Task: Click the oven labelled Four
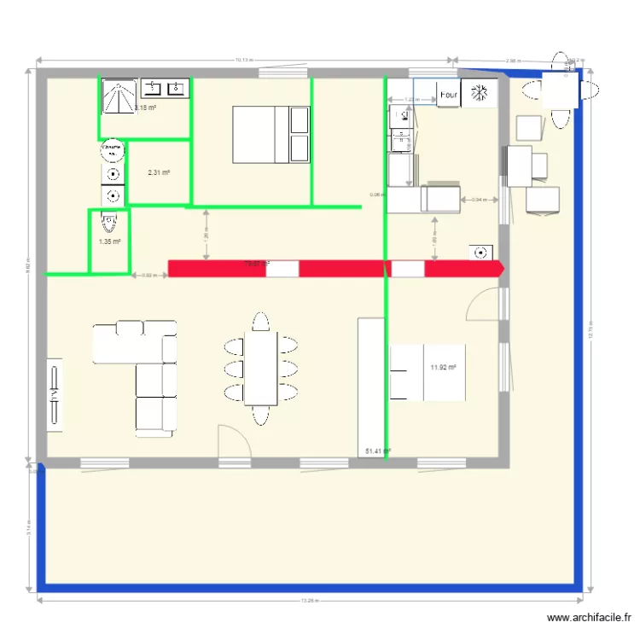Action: [x=449, y=94]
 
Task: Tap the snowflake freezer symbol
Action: [x=481, y=94]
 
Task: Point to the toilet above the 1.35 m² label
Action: [x=108, y=223]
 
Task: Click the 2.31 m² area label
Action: [x=158, y=173]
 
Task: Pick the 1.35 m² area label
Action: [x=109, y=241]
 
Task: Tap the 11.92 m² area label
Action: [x=443, y=368]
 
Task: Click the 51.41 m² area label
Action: [x=377, y=451]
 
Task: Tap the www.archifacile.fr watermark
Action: [x=589, y=618]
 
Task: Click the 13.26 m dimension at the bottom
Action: [x=309, y=601]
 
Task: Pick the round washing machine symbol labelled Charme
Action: [x=112, y=150]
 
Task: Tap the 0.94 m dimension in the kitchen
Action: [x=480, y=200]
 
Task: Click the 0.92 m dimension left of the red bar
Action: [x=148, y=275]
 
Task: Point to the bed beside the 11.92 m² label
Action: [x=428, y=372]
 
